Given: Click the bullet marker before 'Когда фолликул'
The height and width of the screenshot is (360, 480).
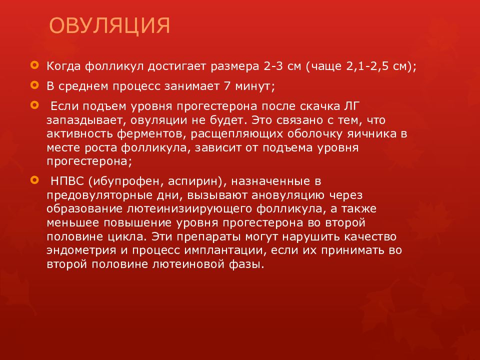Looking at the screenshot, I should tap(33, 65).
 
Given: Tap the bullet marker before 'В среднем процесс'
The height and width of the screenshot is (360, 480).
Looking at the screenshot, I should tap(33, 85).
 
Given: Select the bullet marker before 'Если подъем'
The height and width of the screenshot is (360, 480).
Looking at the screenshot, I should tap(33, 105).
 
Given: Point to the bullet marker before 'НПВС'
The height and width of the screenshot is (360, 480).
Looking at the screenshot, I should tap(33, 178).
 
